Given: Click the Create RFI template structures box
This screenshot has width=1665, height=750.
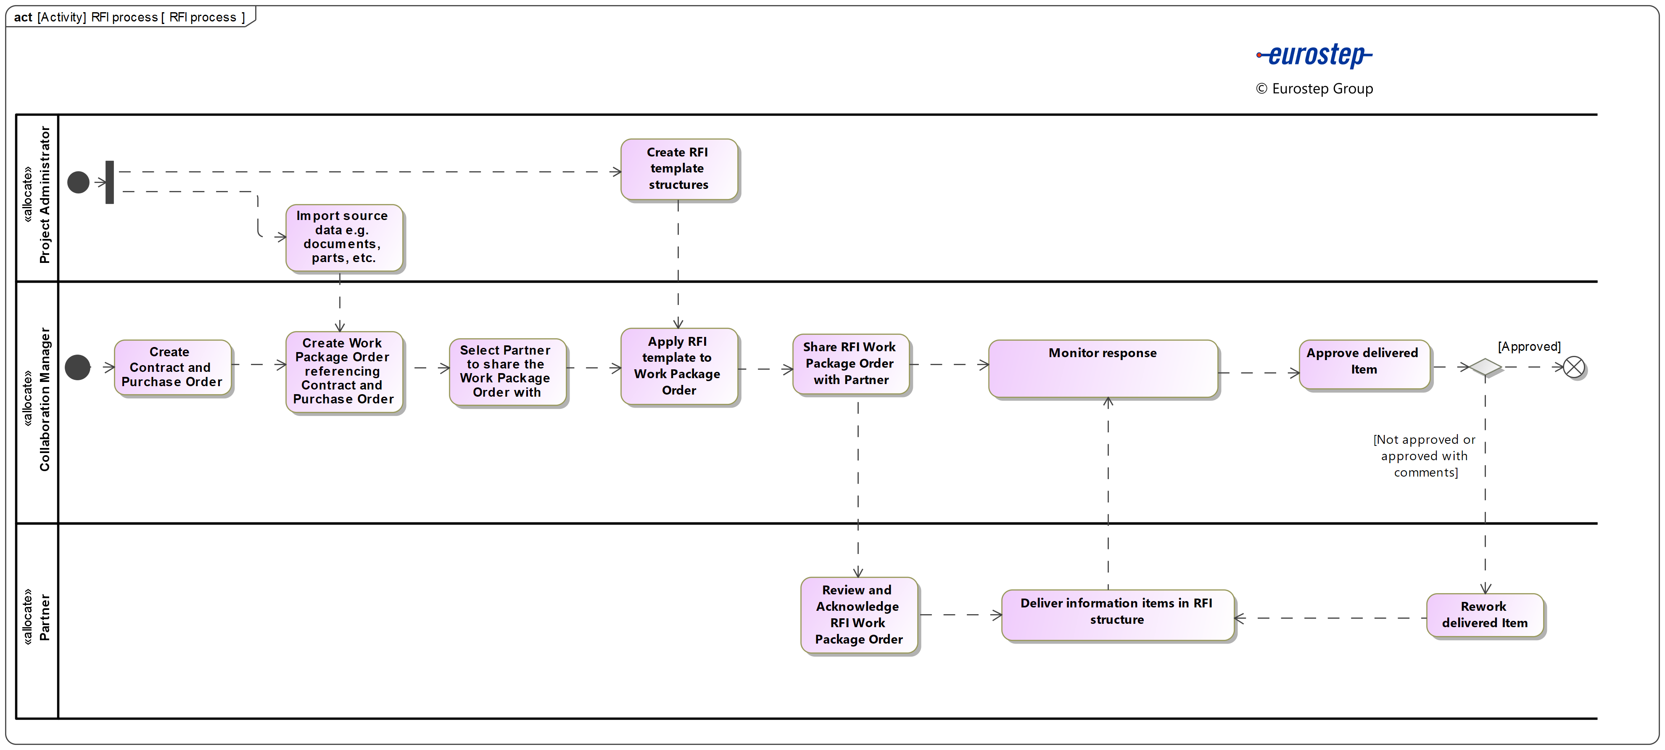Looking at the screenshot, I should pos(679,169).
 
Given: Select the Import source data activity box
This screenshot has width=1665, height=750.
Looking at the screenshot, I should pos(344,237).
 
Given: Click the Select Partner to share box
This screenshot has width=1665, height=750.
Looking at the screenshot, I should pos(507,372).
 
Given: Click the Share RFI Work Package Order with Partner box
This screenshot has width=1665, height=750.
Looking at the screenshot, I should pos(851,364).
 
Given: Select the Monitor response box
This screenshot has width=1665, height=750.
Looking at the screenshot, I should pos(1103,368).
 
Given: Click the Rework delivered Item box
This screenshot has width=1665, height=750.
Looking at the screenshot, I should pos(1485,615).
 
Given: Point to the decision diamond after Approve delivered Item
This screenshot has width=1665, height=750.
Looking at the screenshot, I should pos(1485,367).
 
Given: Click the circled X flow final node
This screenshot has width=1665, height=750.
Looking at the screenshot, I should pos(1574,367).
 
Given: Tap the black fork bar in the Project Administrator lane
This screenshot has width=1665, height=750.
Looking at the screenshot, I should pos(110,182).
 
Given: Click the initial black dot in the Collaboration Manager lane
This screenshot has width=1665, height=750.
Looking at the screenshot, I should pos(78,367).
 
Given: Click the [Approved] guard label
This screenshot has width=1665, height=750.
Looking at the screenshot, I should pos(1529,347).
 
